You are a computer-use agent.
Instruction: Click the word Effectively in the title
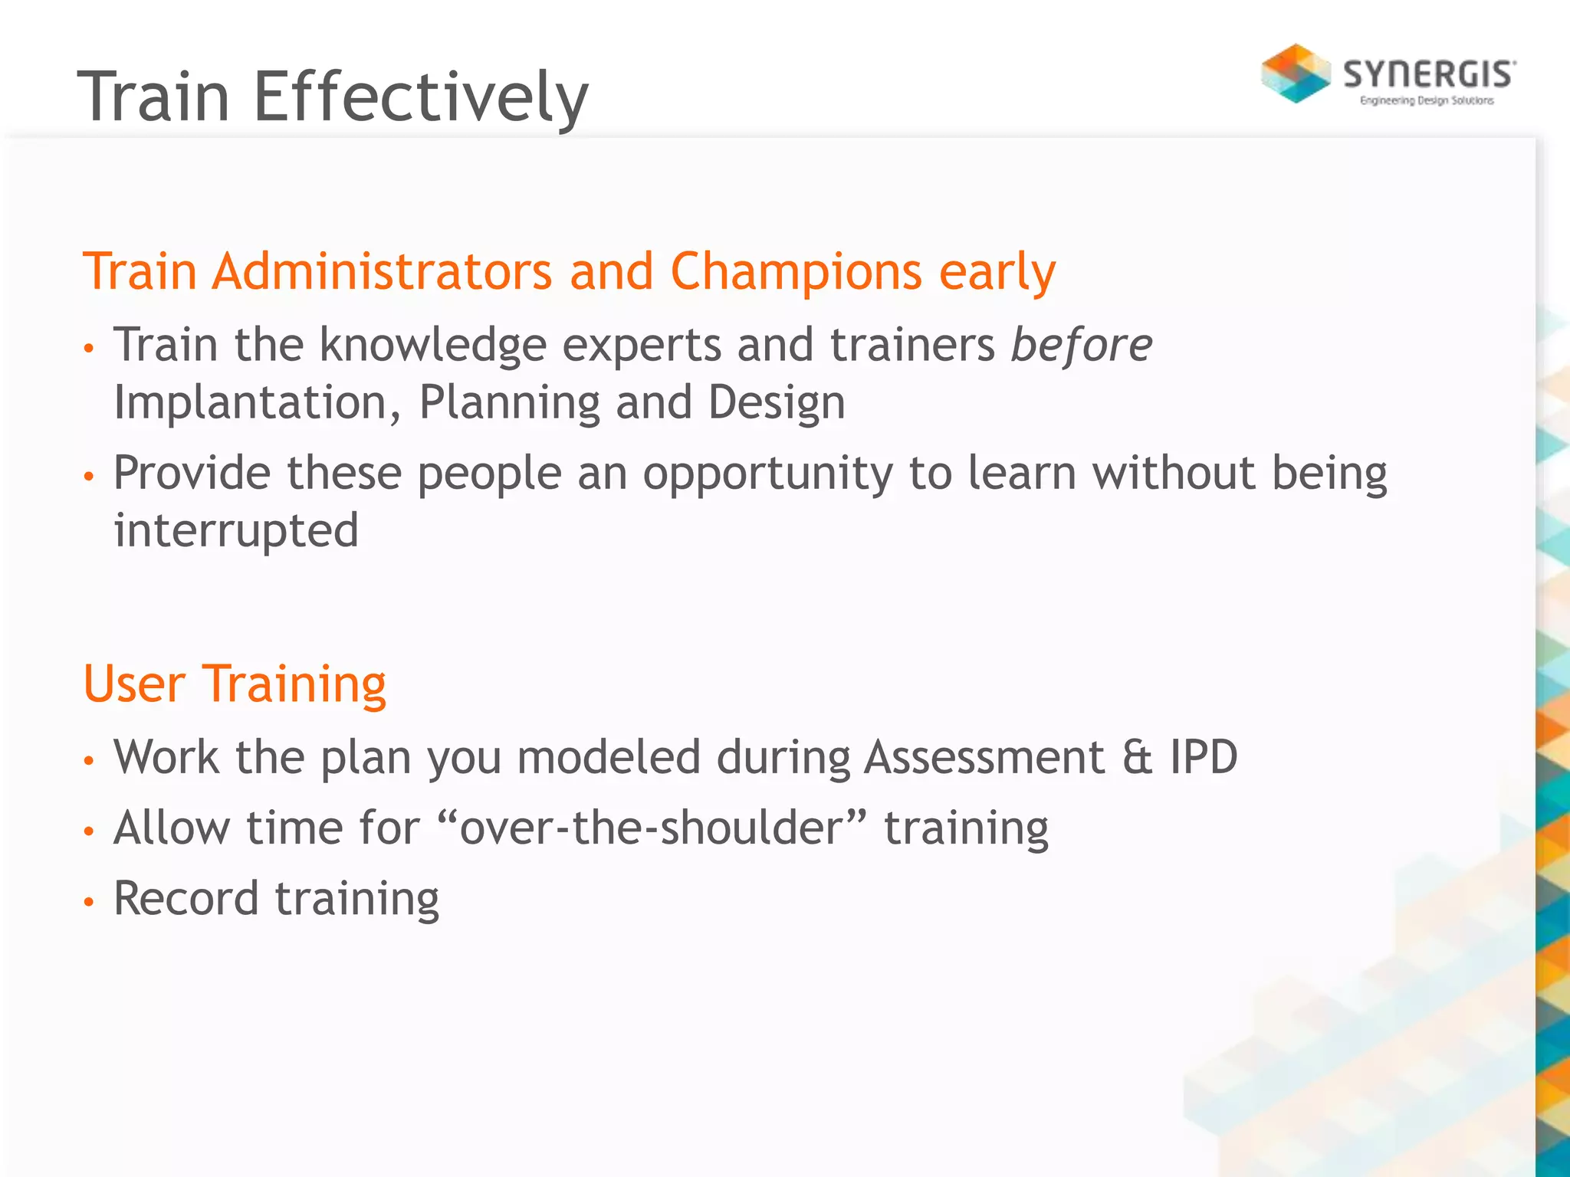coord(420,97)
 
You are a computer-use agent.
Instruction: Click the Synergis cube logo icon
coord(1296,74)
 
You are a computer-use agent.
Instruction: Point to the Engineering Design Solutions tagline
coord(1427,100)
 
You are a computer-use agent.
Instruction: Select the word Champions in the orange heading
coord(796,271)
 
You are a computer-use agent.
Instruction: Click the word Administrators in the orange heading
coord(382,271)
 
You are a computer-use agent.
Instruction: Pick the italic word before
coord(1081,345)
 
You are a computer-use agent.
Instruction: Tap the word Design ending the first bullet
coord(776,403)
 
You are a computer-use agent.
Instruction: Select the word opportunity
coord(767,474)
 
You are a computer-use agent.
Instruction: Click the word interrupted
coord(236,530)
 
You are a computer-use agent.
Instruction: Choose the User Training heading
coord(235,684)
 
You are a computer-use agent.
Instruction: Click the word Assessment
coord(984,757)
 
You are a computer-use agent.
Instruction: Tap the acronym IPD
coord(1204,757)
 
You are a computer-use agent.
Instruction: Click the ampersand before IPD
coord(1138,757)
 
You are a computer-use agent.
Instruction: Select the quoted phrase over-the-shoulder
coord(652,828)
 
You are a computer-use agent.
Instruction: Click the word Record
coord(186,898)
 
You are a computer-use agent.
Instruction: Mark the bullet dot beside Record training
coord(89,902)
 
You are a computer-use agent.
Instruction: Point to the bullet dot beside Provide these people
coord(89,477)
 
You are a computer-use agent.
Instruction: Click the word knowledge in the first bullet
coord(432,345)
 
